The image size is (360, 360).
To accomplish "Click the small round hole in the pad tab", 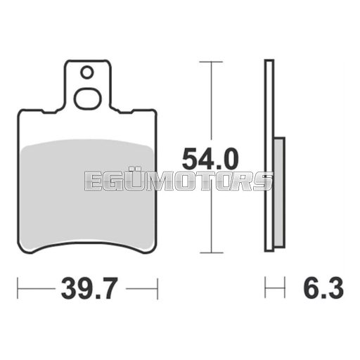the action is point(87,72).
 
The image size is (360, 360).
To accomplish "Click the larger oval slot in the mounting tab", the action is point(88,99).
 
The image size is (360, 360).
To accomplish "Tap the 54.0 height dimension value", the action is point(210,159).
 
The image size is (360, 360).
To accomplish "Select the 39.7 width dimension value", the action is point(89,288).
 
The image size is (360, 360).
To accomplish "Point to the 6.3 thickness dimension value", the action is point(323,288).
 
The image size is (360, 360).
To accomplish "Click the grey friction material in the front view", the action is point(87,195).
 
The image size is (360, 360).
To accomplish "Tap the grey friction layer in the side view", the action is point(279,192).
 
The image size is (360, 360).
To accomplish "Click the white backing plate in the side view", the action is point(269,155).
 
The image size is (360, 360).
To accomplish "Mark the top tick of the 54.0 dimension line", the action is point(211,62).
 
